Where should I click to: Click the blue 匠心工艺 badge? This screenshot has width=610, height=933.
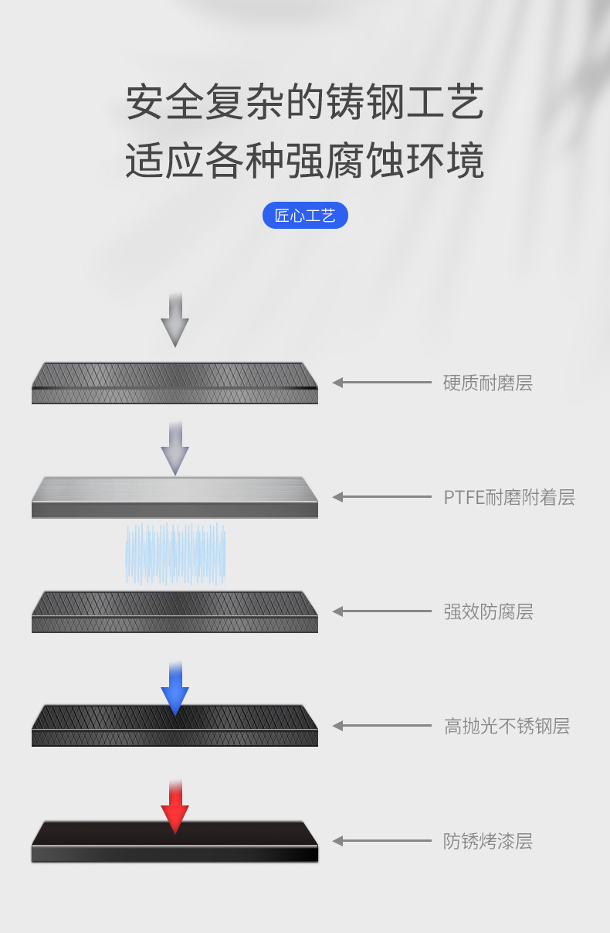pyautogui.click(x=305, y=216)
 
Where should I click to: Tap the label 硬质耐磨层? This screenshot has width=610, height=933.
pyautogui.click(x=487, y=383)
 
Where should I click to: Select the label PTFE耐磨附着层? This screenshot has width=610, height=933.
pyautogui.click(x=509, y=497)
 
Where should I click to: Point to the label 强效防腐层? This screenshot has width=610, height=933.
pyautogui.click(x=488, y=611)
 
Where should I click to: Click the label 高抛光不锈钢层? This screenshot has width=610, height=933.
pyautogui.click(x=507, y=726)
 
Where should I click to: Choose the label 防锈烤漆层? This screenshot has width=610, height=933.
pyautogui.click(x=488, y=841)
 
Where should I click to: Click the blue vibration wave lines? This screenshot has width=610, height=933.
pyautogui.click(x=175, y=553)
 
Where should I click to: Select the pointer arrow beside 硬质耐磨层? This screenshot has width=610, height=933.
pyautogui.click(x=381, y=382)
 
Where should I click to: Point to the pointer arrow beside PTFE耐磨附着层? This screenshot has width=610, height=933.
pyautogui.click(x=381, y=497)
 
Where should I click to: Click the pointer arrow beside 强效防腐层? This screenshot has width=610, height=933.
pyautogui.click(x=381, y=611)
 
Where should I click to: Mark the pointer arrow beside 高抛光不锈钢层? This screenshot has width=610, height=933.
pyautogui.click(x=381, y=726)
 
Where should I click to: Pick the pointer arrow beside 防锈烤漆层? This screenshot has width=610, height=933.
pyautogui.click(x=381, y=841)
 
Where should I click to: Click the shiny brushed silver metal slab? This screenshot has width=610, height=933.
pyautogui.click(x=175, y=496)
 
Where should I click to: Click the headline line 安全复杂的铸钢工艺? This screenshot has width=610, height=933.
pyautogui.click(x=305, y=103)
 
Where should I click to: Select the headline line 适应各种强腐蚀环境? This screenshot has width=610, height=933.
pyautogui.click(x=305, y=161)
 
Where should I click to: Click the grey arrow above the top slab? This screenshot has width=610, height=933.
pyautogui.click(x=175, y=320)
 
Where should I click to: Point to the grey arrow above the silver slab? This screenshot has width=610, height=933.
pyautogui.click(x=175, y=449)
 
